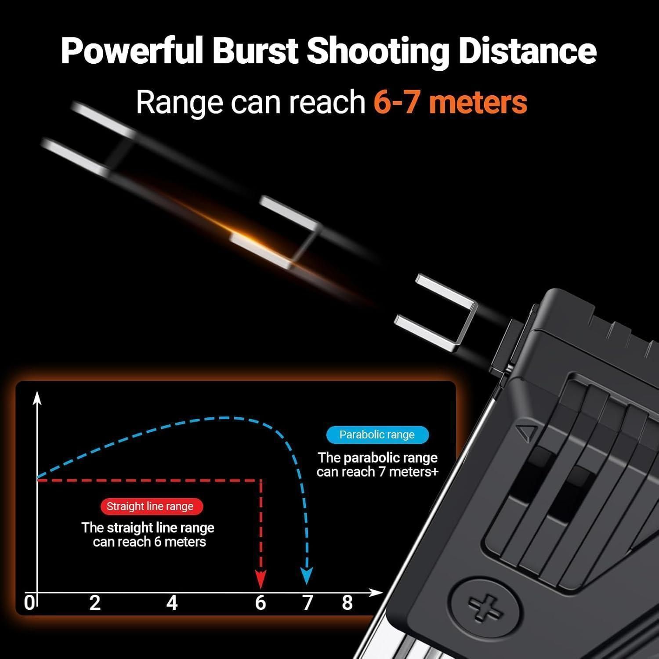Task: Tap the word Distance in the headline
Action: pos(527,51)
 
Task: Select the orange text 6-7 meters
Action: pos(450,102)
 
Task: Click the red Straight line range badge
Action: pos(150,506)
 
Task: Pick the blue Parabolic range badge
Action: pos(377,435)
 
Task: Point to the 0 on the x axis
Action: pos(29,603)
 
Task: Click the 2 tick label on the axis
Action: pos(95,603)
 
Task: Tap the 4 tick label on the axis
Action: pos(172,603)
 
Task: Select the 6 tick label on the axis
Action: pos(261,603)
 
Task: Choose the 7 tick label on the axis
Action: pos(308,603)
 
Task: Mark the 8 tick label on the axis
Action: pos(348,603)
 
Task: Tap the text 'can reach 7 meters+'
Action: pos(377,472)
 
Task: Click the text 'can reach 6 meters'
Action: pos(149,542)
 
